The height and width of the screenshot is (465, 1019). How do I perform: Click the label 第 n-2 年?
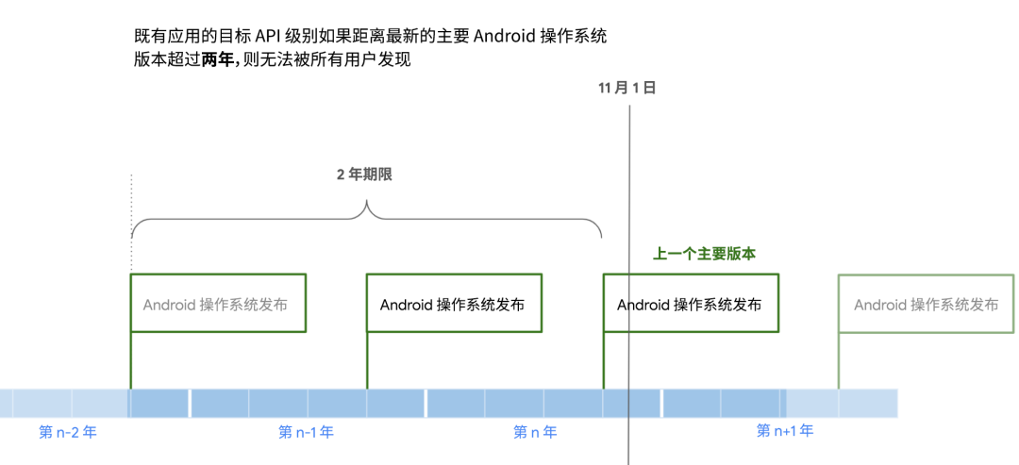(x=68, y=433)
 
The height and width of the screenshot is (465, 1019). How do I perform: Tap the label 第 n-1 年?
(x=307, y=433)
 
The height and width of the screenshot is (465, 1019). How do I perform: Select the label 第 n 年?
(x=535, y=433)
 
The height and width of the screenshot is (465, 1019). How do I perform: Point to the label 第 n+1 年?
(x=785, y=431)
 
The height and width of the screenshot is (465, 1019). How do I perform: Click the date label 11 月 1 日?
(x=627, y=88)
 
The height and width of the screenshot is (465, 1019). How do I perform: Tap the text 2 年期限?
(x=364, y=175)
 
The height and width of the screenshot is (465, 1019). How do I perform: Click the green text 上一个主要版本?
(x=705, y=254)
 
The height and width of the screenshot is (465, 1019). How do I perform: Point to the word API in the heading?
(x=271, y=37)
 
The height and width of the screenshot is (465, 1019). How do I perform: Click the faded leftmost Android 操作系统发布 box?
(x=218, y=305)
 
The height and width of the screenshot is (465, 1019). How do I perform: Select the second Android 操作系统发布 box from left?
(x=454, y=305)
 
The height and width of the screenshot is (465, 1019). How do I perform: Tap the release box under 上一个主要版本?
(x=691, y=305)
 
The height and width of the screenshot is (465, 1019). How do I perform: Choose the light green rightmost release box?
(x=927, y=305)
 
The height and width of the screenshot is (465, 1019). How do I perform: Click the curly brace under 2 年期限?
(x=366, y=219)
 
